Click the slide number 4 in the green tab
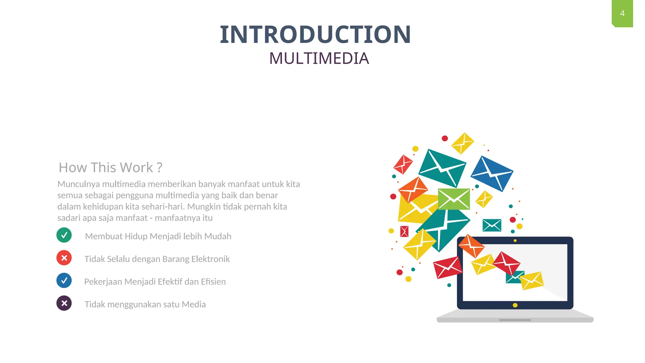[622, 13]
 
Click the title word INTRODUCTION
[315, 34]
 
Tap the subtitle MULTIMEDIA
[319, 58]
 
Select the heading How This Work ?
[111, 167]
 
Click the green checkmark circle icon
[64, 235]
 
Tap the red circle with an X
[64, 258]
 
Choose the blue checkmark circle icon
[64, 280]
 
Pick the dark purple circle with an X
[64, 303]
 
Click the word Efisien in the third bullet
[213, 282]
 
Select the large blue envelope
[492, 173]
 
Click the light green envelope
[454, 199]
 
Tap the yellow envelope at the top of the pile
[462, 143]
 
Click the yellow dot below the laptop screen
[515, 305]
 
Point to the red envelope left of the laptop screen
[447, 267]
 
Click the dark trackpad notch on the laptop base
[515, 320]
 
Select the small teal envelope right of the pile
[492, 225]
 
